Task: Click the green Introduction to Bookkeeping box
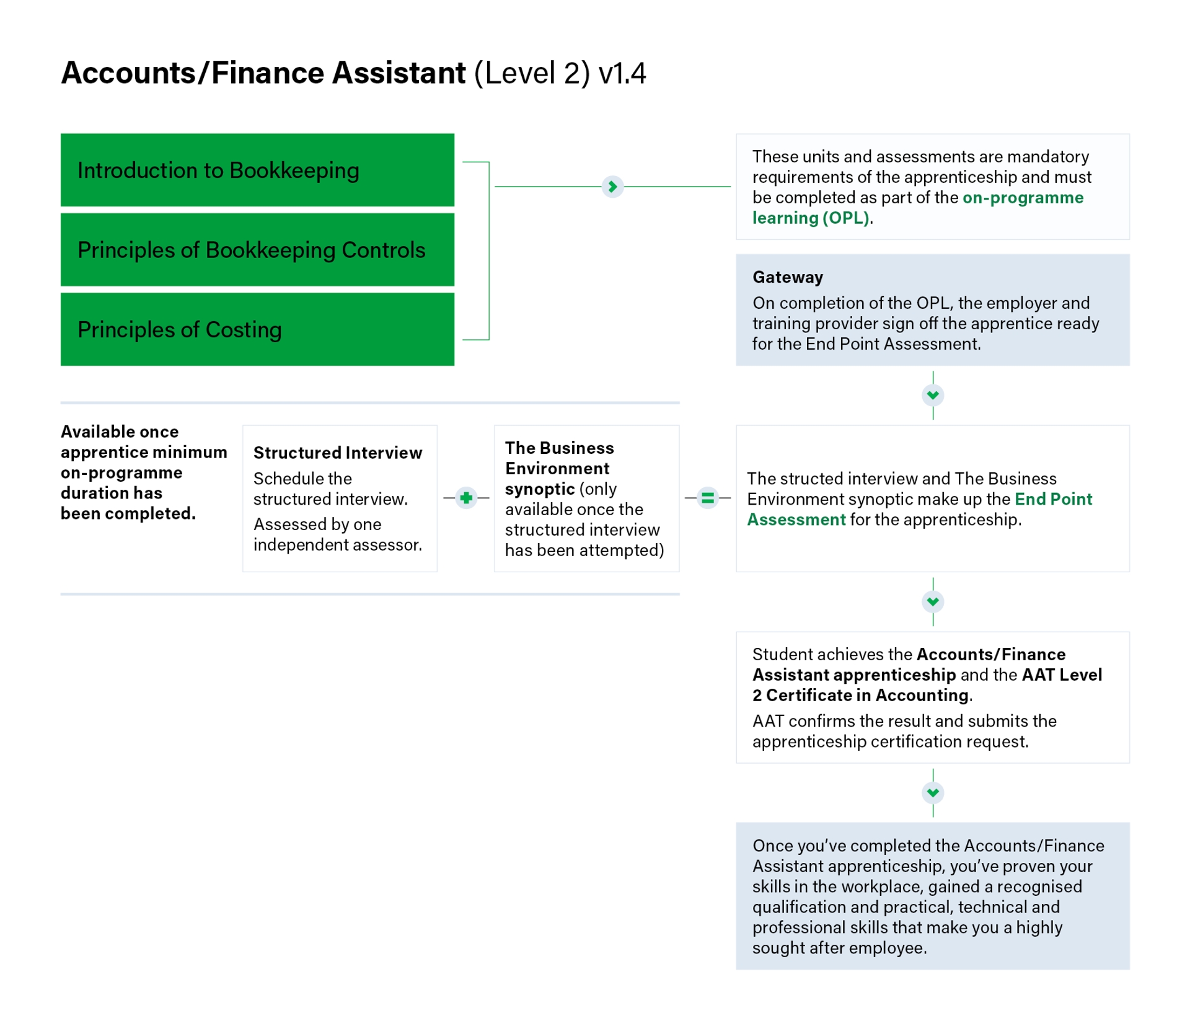click(257, 170)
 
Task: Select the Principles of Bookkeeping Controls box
click(257, 250)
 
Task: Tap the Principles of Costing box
click(257, 329)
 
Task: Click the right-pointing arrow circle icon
click(612, 187)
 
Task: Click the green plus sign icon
click(466, 498)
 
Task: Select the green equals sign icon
click(707, 498)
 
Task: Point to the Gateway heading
click(787, 277)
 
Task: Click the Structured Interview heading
click(338, 453)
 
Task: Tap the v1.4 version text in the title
click(622, 73)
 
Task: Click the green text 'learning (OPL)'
click(811, 218)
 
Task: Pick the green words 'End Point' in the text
click(1053, 499)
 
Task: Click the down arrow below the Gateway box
click(933, 396)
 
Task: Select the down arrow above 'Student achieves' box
click(933, 601)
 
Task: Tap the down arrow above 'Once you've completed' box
click(933, 792)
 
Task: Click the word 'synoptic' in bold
click(540, 489)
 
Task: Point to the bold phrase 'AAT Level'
click(1062, 675)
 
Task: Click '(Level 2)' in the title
click(532, 73)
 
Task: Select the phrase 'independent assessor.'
click(338, 545)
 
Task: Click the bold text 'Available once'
click(120, 431)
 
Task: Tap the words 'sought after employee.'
click(839, 948)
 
